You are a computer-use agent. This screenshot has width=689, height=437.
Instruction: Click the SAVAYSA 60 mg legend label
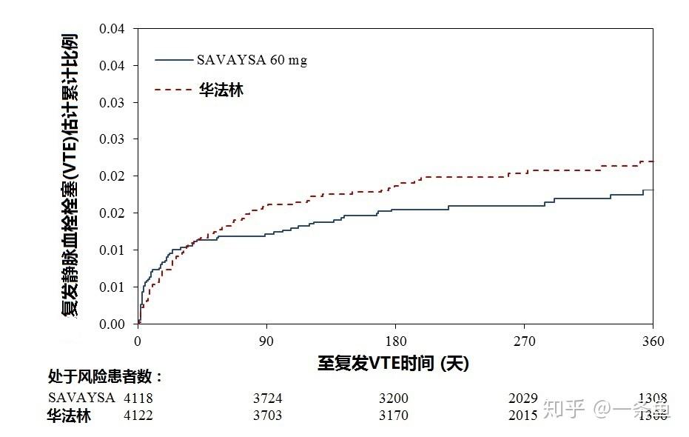point(252,61)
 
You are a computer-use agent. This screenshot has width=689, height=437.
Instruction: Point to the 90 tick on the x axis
point(266,341)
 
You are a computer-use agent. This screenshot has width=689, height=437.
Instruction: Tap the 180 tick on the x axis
point(396,341)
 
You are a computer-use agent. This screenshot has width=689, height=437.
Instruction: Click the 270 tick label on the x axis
point(524,341)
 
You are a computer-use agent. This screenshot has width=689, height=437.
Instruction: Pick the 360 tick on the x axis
point(653,341)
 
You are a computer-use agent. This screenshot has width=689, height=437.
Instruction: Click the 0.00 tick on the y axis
point(113,324)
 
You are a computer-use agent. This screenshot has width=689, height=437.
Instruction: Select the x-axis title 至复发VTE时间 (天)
point(393,363)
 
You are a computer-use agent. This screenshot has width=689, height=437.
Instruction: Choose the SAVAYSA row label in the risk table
point(81,398)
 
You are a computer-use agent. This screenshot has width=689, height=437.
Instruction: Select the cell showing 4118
point(138,398)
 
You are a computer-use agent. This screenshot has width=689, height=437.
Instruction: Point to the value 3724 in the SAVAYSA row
point(267,398)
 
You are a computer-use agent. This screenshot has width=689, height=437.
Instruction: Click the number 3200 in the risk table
point(393,398)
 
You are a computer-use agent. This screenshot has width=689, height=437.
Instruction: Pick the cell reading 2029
point(523,398)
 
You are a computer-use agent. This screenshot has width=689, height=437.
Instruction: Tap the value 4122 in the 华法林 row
point(138,416)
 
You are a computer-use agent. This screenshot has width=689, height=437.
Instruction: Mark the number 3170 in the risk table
point(393,416)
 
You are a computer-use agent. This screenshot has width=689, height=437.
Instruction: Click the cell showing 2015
point(523,416)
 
